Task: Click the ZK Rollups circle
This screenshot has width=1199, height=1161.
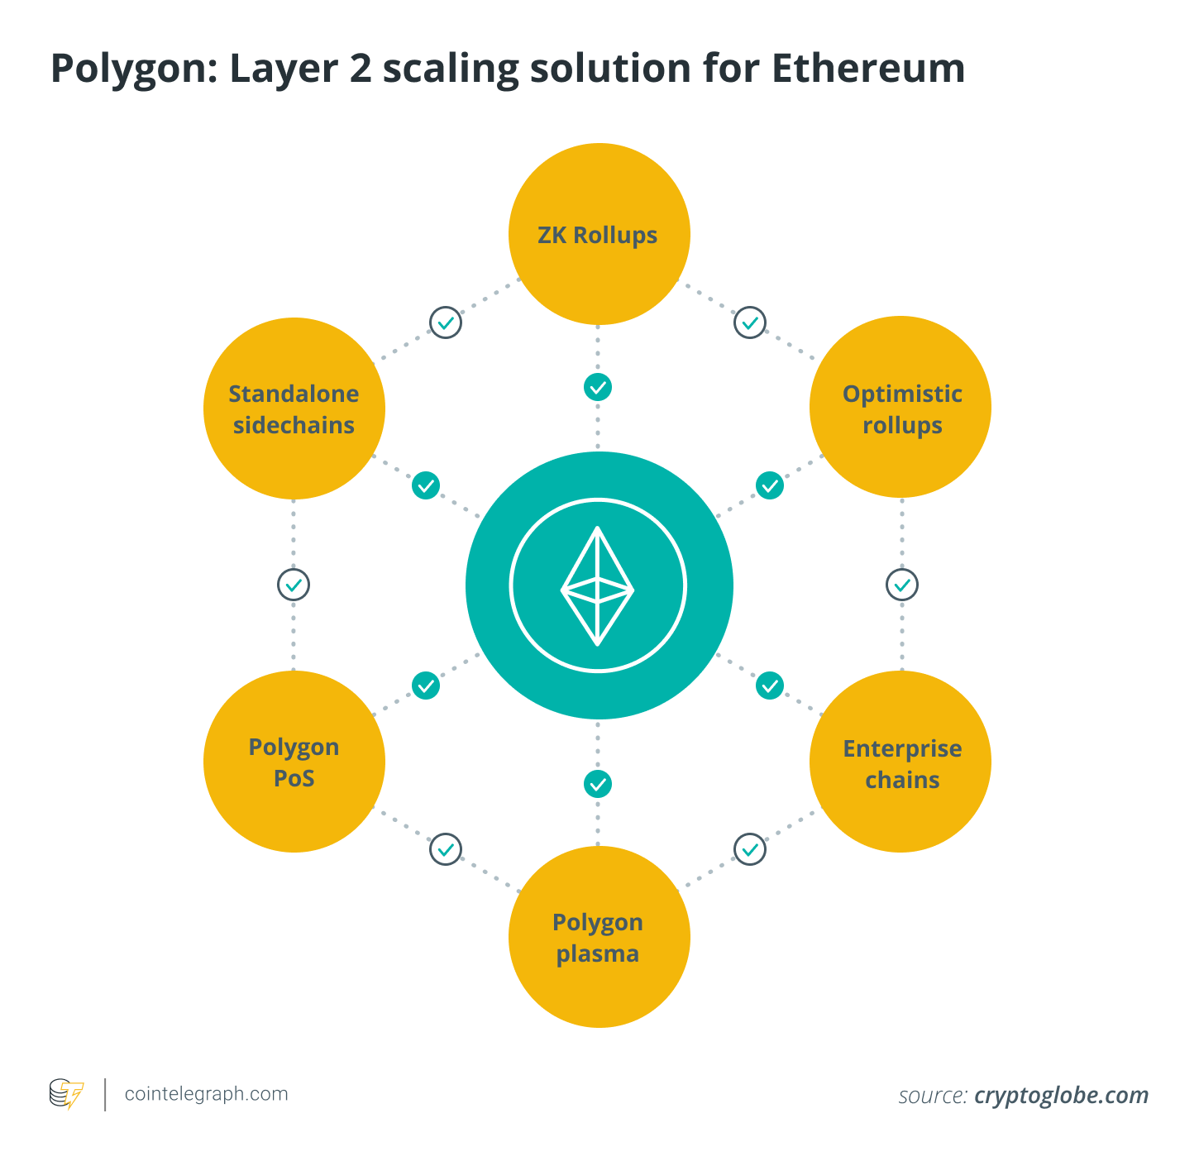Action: tap(599, 234)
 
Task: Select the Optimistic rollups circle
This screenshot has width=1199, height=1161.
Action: tap(900, 407)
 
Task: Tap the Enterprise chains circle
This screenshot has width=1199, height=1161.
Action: tap(900, 762)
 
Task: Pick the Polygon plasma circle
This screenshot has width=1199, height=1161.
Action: tap(599, 936)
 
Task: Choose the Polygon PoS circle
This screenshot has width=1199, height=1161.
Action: tap(294, 762)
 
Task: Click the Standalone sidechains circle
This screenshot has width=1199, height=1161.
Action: tap(294, 408)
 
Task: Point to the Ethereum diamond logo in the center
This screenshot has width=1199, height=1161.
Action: tap(598, 586)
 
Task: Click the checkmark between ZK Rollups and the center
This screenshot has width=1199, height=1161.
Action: tap(598, 387)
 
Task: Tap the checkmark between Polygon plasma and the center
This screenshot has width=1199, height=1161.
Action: tap(598, 783)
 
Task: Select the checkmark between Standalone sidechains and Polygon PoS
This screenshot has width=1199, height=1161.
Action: tap(294, 585)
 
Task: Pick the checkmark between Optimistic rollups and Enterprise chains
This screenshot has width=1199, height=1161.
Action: tap(902, 585)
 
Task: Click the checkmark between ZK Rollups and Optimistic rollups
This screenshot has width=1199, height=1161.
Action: tap(750, 322)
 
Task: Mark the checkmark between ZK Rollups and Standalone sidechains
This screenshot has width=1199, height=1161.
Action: tap(446, 322)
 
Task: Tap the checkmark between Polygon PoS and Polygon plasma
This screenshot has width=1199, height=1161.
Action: tap(446, 849)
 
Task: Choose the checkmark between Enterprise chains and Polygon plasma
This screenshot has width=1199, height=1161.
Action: tap(750, 849)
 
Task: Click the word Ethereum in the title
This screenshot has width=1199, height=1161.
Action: tap(868, 68)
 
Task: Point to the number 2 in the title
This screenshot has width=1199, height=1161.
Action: tap(361, 68)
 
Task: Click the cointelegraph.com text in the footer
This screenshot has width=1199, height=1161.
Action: tap(206, 1094)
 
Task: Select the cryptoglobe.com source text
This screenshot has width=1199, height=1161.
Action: tap(1061, 1096)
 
